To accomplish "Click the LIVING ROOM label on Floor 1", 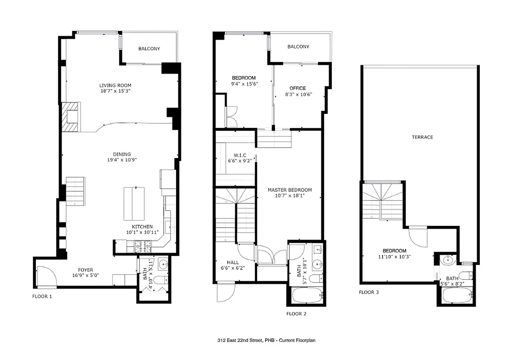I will click(115, 85).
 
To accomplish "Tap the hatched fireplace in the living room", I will click(70, 117).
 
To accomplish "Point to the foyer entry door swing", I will click(45, 276).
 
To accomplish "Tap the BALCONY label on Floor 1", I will click(149, 49).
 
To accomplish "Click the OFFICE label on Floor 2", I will click(298, 88).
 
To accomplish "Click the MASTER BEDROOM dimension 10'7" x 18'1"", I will click(289, 196).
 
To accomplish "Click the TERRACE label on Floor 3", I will click(422, 137).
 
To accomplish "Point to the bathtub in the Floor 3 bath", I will click(456, 296).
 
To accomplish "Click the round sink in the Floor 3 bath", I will click(448, 260).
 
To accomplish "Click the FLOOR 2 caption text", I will click(296, 314).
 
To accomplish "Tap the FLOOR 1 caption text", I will click(42, 296).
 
